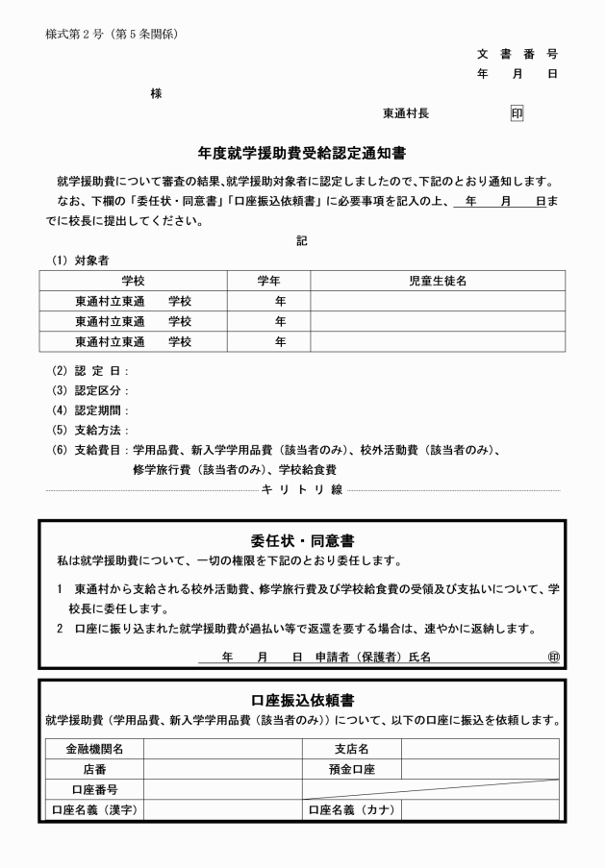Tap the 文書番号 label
pos(517,54)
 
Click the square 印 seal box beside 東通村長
pos(517,113)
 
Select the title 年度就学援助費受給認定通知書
pos(302,152)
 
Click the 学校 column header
pos(133,280)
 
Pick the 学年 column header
pos(268,280)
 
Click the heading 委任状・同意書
pos(302,540)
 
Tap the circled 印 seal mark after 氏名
pos(553,657)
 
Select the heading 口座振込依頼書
pos(302,699)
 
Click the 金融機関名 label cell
pos(94,749)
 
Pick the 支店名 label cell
pos(351,749)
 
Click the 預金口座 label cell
pos(351,769)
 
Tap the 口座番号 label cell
pos(94,789)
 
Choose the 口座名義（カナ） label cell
pos(351,809)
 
